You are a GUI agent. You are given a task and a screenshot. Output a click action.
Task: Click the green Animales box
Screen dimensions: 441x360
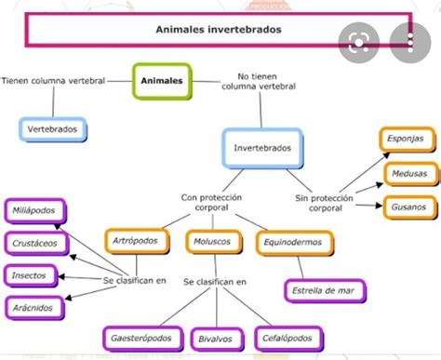(x=162, y=81)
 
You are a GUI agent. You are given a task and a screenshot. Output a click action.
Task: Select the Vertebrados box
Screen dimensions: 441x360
(x=53, y=129)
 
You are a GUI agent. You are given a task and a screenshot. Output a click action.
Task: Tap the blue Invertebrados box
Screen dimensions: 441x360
(x=262, y=148)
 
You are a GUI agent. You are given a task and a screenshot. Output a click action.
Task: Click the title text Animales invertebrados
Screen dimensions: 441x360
(x=219, y=30)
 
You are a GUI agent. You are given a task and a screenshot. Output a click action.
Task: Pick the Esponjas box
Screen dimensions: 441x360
(x=407, y=140)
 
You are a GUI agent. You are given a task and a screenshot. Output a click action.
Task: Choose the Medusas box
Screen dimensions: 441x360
(x=411, y=174)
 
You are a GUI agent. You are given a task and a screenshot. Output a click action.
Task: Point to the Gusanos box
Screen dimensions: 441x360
(x=410, y=207)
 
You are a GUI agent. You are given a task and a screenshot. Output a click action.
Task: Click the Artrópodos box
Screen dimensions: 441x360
(x=137, y=241)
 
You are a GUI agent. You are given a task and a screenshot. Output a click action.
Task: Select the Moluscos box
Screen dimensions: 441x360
(x=213, y=242)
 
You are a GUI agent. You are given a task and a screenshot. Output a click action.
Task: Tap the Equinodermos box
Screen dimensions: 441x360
(x=294, y=243)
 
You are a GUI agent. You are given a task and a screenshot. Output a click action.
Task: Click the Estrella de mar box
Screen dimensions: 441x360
(x=325, y=291)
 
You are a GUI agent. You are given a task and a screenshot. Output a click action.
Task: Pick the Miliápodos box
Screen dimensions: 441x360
(x=35, y=211)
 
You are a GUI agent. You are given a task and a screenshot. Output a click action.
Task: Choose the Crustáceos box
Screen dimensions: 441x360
(x=36, y=244)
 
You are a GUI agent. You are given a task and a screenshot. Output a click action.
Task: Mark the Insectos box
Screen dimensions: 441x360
(x=31, y=275)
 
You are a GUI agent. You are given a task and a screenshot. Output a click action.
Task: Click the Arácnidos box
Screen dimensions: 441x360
(x=34, y=308)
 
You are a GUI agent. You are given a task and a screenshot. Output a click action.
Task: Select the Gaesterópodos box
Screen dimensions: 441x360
(x=143, y=339)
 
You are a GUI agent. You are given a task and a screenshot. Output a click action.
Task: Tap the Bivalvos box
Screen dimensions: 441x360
(x=217, y=340)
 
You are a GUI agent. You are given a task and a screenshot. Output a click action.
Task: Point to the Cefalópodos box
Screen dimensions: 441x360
(x=288, y=339)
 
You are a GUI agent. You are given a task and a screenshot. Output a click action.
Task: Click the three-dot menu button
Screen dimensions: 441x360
(x=410, y=43)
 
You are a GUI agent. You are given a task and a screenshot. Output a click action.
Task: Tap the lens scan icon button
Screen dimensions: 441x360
(x=359, y=43)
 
